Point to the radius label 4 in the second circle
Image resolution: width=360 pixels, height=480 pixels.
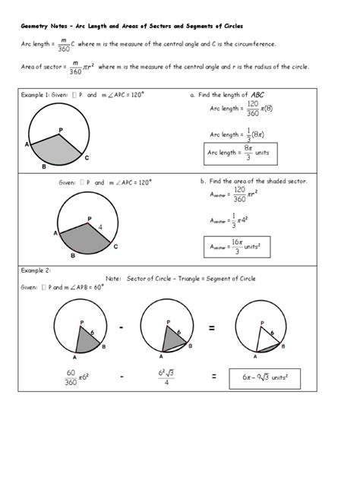point(99,226)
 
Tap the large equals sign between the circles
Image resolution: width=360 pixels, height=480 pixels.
point(212,327)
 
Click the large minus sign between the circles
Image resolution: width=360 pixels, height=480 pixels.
point(121,327)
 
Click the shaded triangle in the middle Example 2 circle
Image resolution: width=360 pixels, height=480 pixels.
point(172,338)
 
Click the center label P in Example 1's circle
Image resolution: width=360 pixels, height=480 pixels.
point(61,131)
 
